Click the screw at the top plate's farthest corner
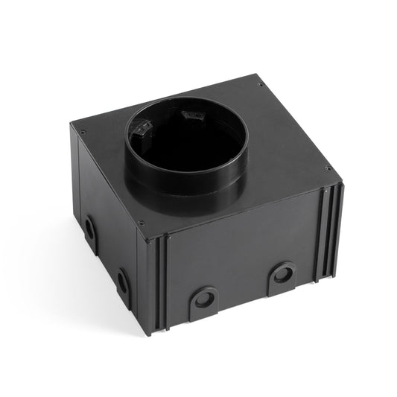click(x=260, y=84)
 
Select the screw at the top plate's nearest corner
click(x=142, y=222)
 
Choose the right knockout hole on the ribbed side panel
click(x=282, y=273)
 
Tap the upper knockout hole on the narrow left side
click(x=89, y=228)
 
